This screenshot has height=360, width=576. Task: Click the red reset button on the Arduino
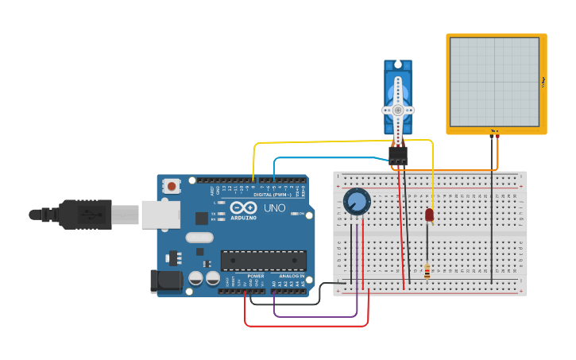pos(171,186)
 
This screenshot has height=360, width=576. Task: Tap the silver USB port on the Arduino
pos(160,215)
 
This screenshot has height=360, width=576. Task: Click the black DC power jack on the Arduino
pos(164,280)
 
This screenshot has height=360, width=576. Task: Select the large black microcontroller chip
pos(263,261)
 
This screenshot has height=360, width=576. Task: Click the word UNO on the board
pos(274,207)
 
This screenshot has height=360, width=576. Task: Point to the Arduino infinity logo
pos(242,207)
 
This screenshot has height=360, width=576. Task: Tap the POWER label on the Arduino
pos(255,276)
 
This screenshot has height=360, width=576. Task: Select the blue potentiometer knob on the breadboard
pos(357,201)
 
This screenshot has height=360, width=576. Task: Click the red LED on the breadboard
pos(430,215)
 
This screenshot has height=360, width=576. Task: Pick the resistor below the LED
pos(427,272)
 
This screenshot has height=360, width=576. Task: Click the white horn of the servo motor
pos(398,109)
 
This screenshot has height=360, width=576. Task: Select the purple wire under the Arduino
pos(318,316)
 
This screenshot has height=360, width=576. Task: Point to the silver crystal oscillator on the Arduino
pos(200,237)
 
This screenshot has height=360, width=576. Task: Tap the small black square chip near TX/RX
pos(202,217)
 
